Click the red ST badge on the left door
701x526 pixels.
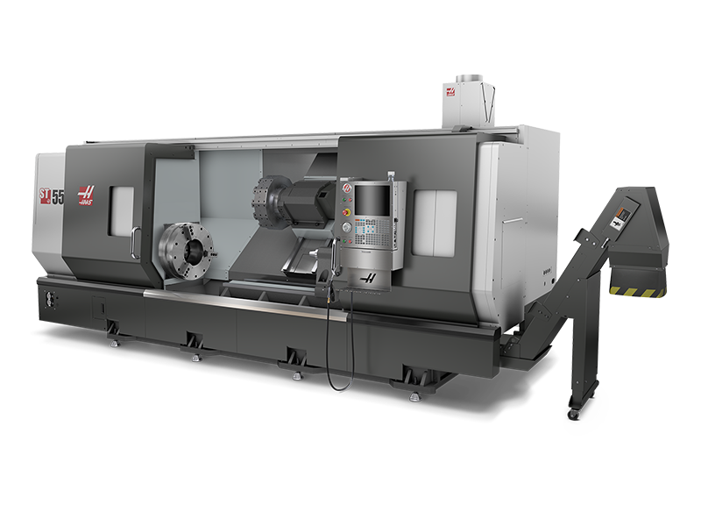tap(44, 195)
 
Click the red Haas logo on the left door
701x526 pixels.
tap(86, 195)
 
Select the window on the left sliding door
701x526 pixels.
tap(121, 210)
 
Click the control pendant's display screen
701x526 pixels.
tap(372, 201)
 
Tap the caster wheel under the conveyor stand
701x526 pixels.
tap(573, 409)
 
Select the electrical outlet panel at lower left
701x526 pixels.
tap(46, 298)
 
